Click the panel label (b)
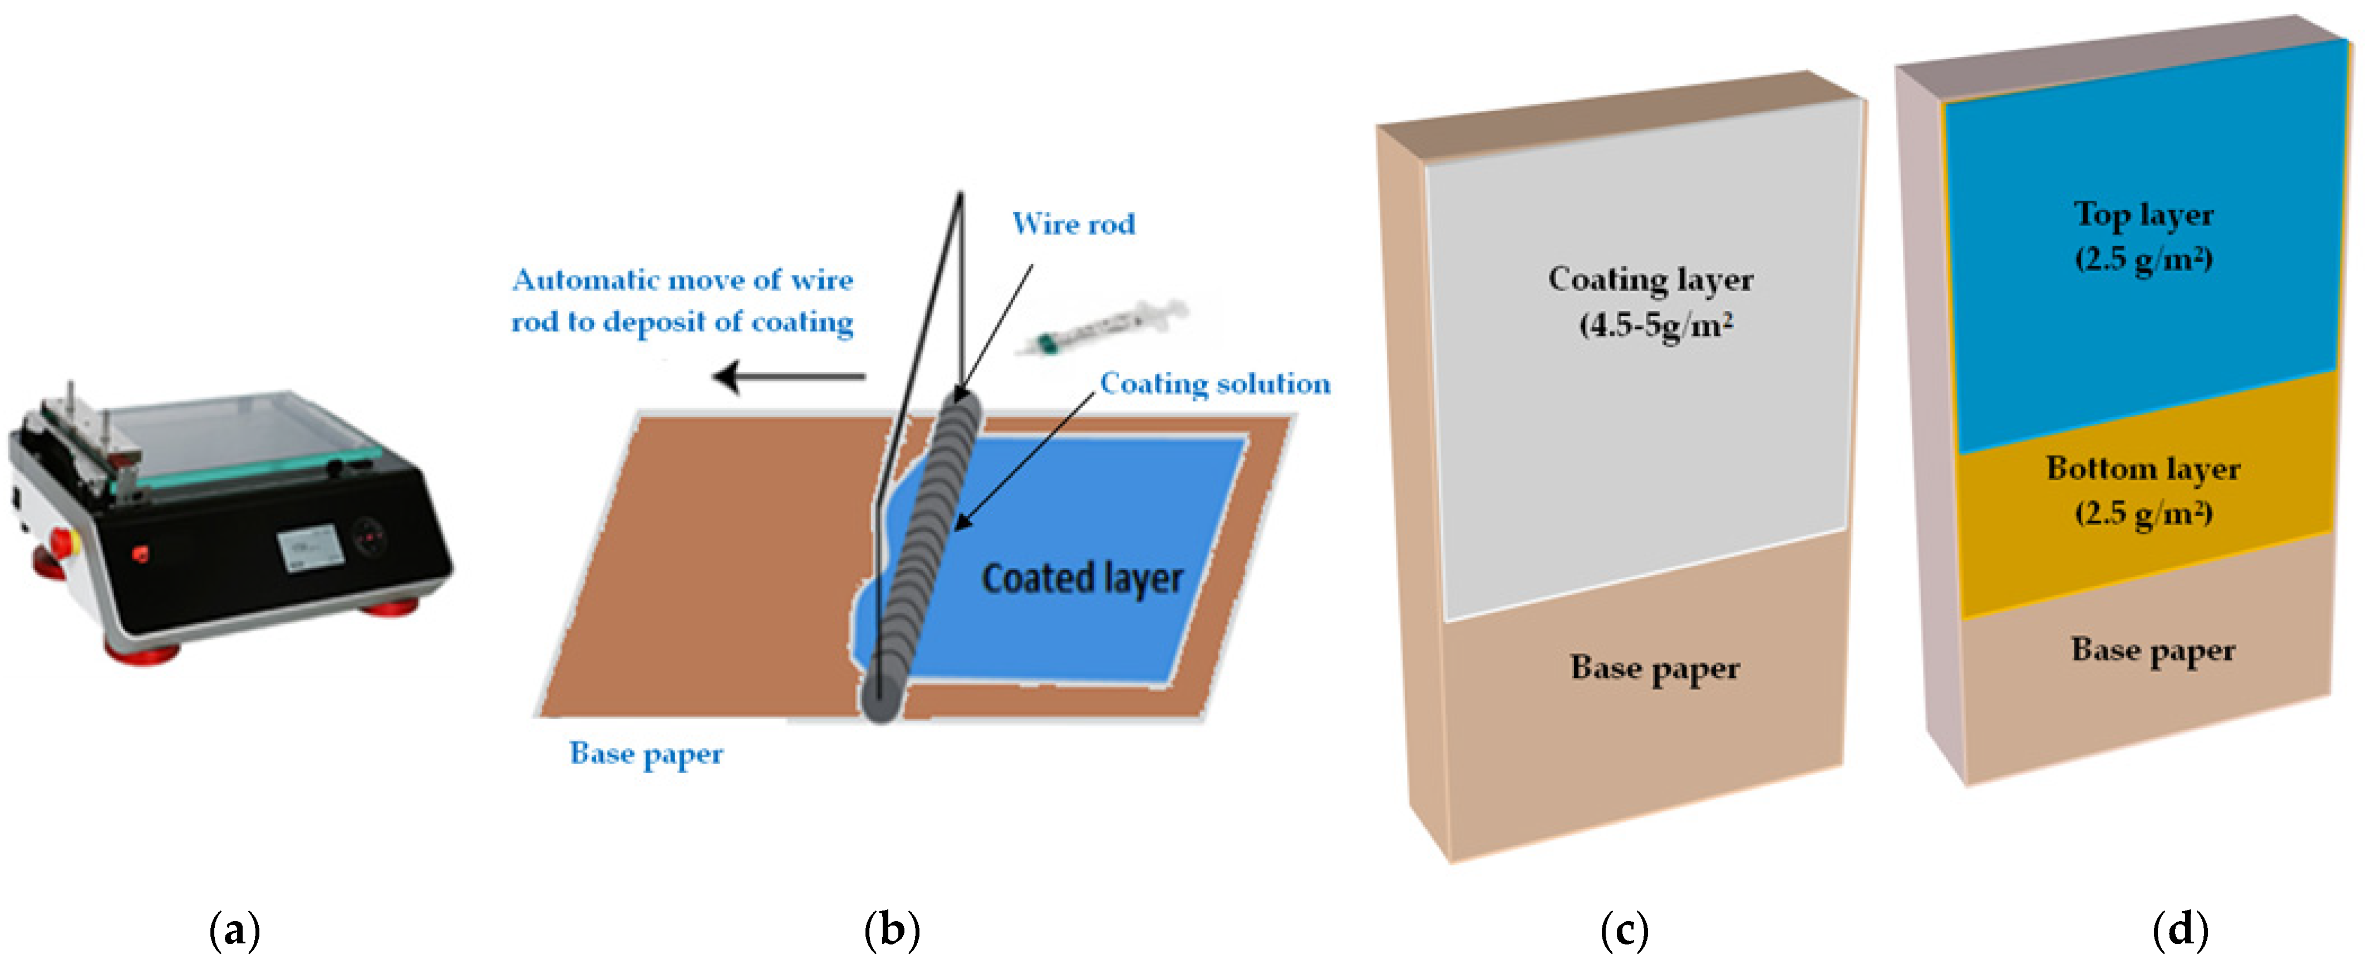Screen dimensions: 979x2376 [892, 930]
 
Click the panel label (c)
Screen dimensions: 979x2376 [1624, 930]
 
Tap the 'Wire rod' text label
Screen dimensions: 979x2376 [1074, 224]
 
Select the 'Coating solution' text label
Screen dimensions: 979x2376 [1215, 384]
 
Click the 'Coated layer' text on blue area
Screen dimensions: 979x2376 [1082, 579]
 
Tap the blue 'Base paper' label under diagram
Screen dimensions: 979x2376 [646, 754]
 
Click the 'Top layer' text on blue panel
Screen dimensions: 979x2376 [2143, 214]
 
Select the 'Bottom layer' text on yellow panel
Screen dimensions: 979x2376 [2143, 469]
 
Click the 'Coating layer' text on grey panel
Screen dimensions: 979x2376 [1650, 278]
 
